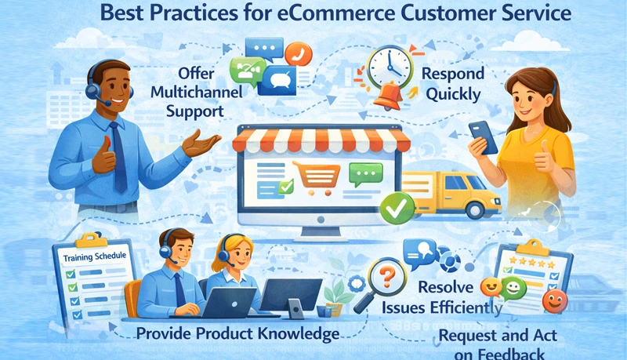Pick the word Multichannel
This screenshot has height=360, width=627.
click(194, 92)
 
